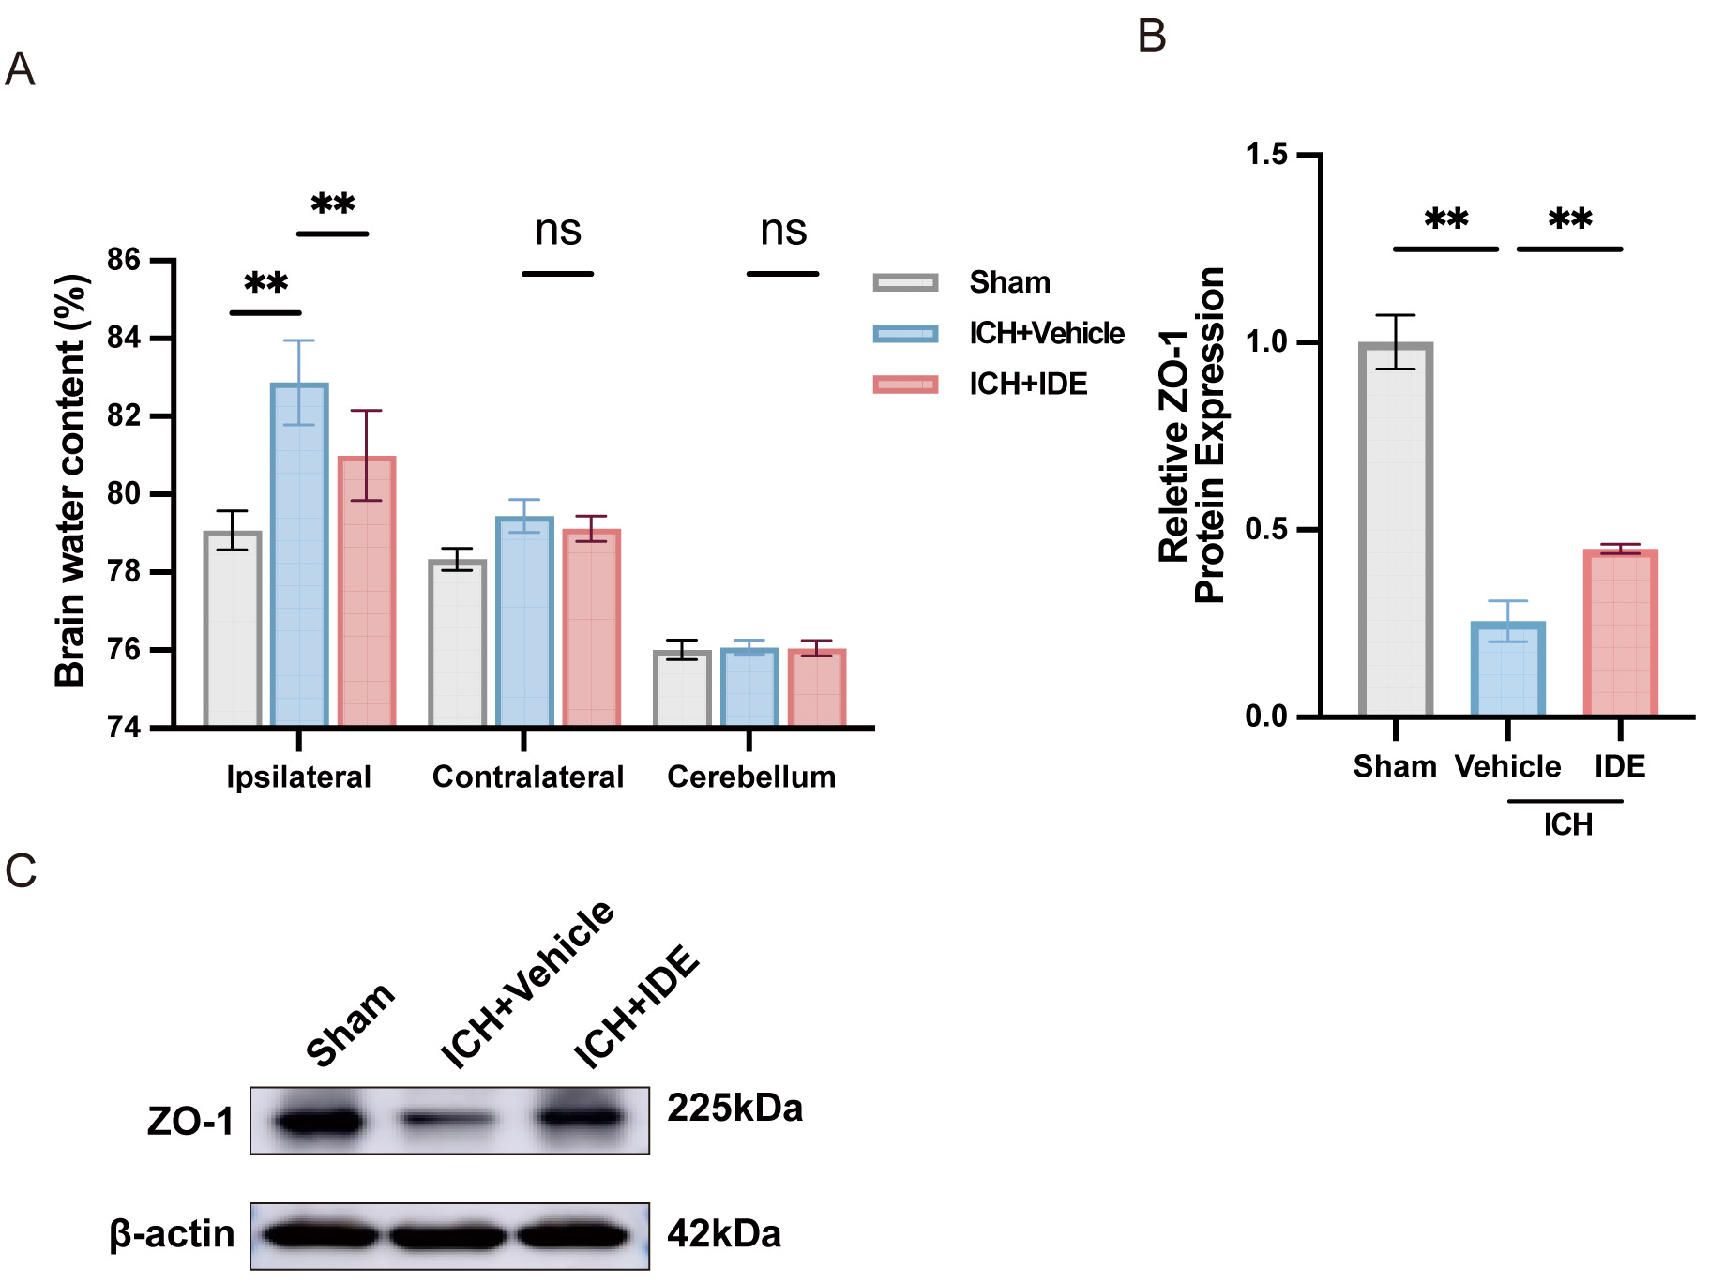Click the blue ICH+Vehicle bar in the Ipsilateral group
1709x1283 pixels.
pyautogui.click(x=299, y=554)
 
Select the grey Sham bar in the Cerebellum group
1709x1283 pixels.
pyautogui.click(x=682, y=688)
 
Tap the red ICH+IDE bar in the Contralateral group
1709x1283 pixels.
pyautogui.click(x=592, y=627)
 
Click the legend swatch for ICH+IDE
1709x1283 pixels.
pyautogui.click(x=905, y=384)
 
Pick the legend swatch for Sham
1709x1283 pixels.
pyautogui.click(x=905, y=282)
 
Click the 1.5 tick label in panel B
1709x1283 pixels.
pyautogui.click(x=1266, y=155)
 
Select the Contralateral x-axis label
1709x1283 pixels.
pyautogui.click(x=527, y=777)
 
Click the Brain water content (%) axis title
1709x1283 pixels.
pyautogui.click(x=70, y=480)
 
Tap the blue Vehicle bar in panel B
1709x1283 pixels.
pyautogui.click(x=1507, y=669)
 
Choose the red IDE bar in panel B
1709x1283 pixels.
pyautogui.click(x=1620, y=632)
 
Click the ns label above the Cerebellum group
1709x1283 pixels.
pyautogui.click(x=783, y=230)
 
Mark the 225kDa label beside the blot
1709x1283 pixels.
pyautogui.click(x=734, y=1109)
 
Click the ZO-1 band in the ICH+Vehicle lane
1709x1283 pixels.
pyautogui.click(x=448, y=1119)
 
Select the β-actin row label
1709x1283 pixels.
pyautogui.click(x=172, y=1233)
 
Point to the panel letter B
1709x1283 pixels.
pyautogui.click(x=1151, y=36)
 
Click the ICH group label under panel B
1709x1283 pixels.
pyautogui.click(x=1567, y=824)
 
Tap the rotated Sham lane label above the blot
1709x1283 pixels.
pyautogui.click(x=350, y=1024)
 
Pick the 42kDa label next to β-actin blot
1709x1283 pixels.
pyautogui.click(x=723, y=1233)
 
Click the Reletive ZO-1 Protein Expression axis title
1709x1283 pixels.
pyautogui.click(x=1191, y=434)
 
